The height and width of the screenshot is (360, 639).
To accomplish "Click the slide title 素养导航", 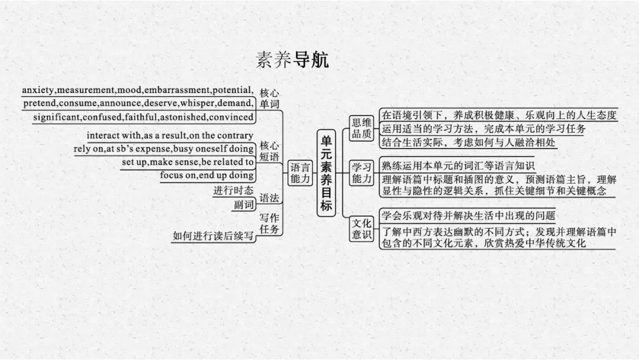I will click(292, 60).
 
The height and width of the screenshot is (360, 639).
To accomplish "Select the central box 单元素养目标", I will click(326, 173).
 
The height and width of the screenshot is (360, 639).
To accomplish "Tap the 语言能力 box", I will click(300, 172).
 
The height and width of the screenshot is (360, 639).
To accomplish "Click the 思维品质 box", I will click(362, 128).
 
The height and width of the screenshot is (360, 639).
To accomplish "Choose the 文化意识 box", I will click(362, 229).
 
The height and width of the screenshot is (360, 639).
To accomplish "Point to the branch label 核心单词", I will click(269, 98).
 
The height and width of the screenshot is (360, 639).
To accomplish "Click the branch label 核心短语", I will click(269, 151).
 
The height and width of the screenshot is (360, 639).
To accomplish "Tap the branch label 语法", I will click(269, 198).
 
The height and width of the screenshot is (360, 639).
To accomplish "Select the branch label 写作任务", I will click(269, 223).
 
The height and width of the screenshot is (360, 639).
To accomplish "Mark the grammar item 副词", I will click(244, 205).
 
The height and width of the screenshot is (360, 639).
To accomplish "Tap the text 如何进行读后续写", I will click(213, 236).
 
